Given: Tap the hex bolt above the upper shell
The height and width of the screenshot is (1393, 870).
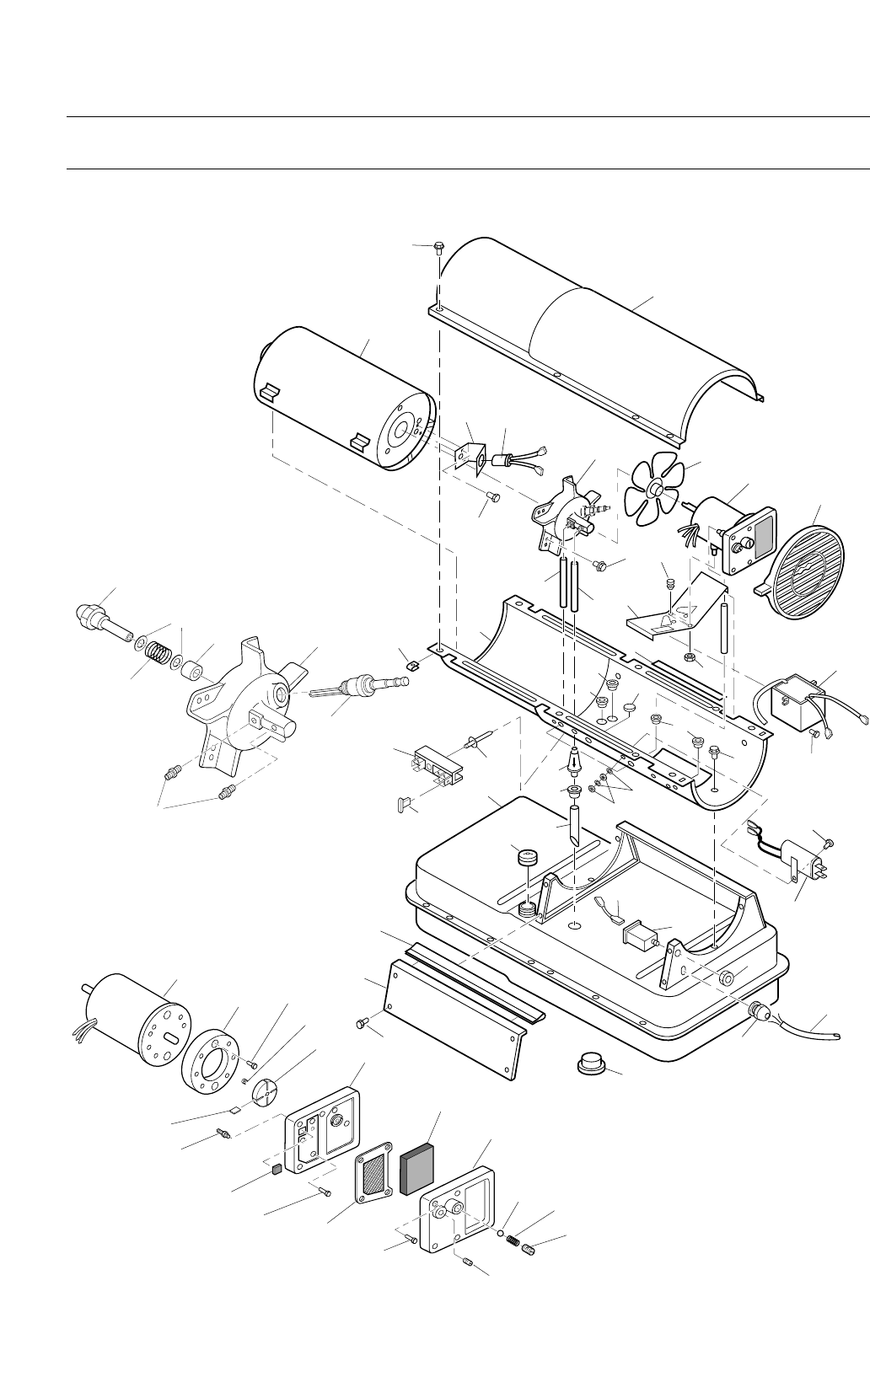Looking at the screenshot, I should click(438, 248).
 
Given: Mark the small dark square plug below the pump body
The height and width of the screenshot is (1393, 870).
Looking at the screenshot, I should click(277, 1169).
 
